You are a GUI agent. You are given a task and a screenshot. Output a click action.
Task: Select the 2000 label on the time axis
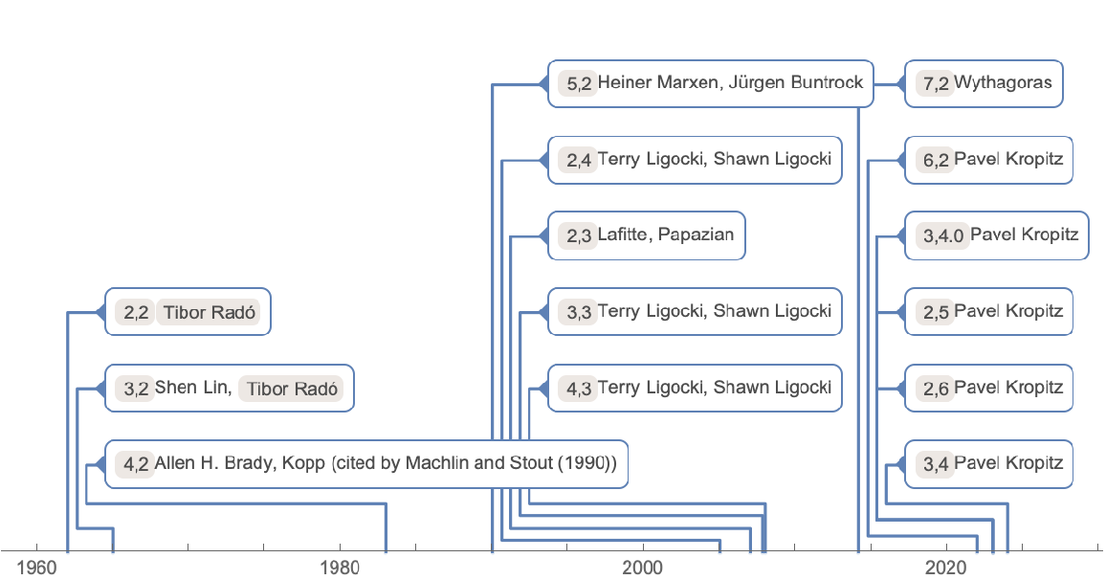coord(643,566)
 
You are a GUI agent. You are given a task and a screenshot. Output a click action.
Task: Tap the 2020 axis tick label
coord(946,566)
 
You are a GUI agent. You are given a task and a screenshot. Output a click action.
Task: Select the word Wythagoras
coord(1003,82)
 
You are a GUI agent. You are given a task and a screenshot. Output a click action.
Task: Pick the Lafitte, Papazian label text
coord(665,234)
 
